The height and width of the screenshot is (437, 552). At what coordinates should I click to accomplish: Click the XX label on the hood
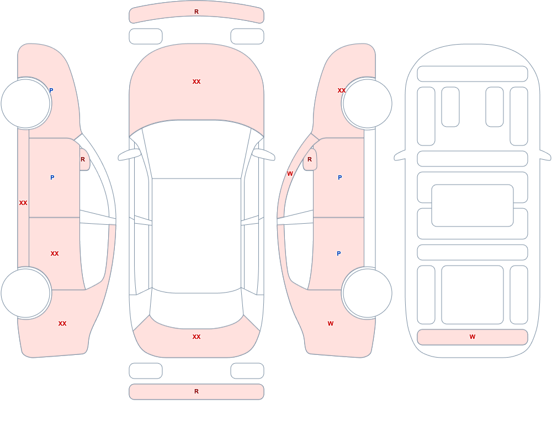point(197,82)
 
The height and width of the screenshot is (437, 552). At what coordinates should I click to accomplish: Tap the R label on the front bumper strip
point(197,12)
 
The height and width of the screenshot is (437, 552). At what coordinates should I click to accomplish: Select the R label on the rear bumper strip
point(197,391)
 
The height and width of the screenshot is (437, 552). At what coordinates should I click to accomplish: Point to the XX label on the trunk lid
point(197,337)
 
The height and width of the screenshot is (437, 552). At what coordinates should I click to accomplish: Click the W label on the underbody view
point(473,337)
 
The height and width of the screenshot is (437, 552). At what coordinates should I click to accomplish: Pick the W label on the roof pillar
point(290,174)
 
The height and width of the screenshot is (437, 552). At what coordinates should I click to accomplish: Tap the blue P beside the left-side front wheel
point(51,90)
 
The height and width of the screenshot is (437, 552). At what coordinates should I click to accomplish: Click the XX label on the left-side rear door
point(55,253)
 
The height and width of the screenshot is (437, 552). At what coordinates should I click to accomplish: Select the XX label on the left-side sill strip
point(23,203)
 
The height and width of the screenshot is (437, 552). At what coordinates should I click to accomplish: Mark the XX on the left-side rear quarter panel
point(62,323)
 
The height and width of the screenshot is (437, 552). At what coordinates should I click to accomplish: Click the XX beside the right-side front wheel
point(342,90)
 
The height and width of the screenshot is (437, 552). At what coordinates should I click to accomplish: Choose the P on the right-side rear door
point(339,253)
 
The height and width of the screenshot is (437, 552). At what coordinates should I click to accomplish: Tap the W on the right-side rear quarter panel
point(331,323)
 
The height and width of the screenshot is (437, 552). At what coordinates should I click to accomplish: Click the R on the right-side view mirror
point(310,159)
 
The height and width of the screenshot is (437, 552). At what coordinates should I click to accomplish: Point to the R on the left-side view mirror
point(83,159)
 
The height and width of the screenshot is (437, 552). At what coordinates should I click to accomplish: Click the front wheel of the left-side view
point(26,104)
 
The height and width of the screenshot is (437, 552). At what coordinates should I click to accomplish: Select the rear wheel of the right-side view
point(368,293)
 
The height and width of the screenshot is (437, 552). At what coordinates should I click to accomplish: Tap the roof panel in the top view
point(197,235)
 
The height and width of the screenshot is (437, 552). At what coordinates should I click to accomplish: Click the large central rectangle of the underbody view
point(473,206)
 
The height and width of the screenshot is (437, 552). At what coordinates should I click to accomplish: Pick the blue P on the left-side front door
point(52,177)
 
